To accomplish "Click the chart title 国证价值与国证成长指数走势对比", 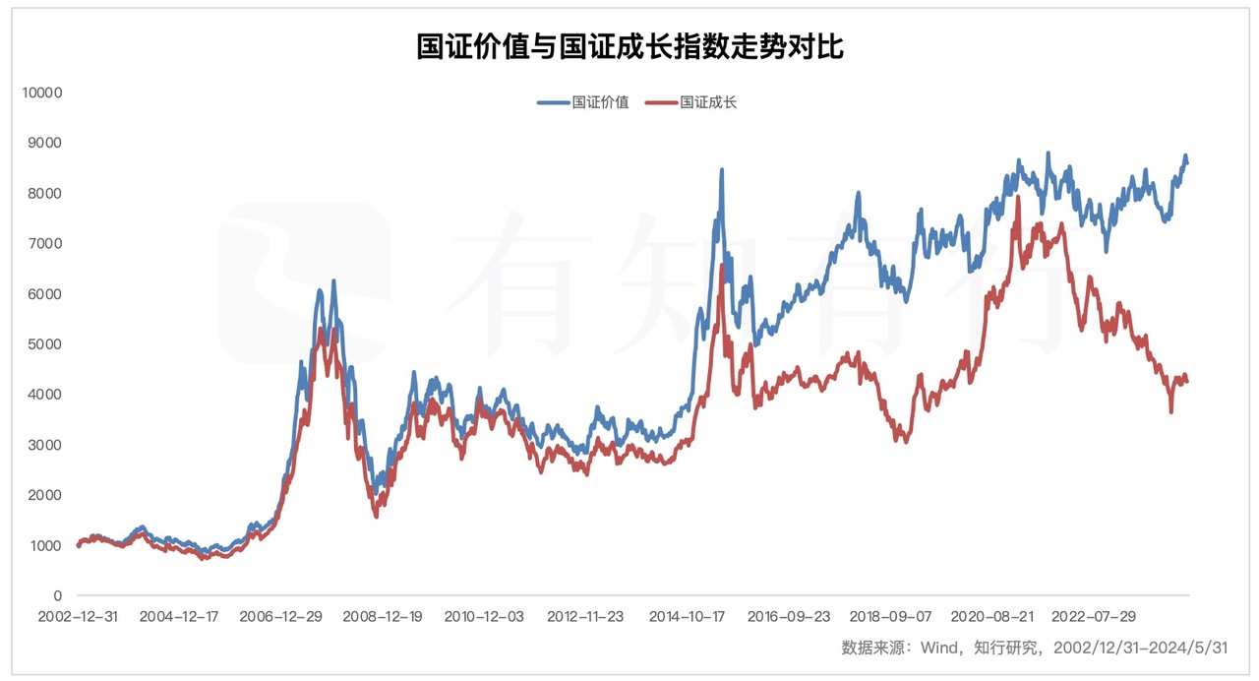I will click(629, 46).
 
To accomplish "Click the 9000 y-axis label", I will click(44, 143).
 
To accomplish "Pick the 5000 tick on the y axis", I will click(44, 344).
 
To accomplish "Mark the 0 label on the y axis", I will click(58, 595).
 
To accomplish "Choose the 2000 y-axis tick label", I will click(44, 495).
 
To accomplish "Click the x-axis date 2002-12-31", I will click(78, 617).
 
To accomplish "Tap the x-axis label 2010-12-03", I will click(484, 617).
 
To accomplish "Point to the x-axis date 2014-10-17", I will click(689, 617).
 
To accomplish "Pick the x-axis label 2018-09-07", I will click(891, 617).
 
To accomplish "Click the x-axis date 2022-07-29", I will click(1094, 617).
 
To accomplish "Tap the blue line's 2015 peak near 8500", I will click(722, 170).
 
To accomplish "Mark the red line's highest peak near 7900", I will click(1017, 198).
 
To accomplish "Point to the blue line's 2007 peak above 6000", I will click(333, 281).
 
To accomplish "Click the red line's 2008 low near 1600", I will click(376, 516).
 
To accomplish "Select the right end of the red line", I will click(1187, 382).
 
